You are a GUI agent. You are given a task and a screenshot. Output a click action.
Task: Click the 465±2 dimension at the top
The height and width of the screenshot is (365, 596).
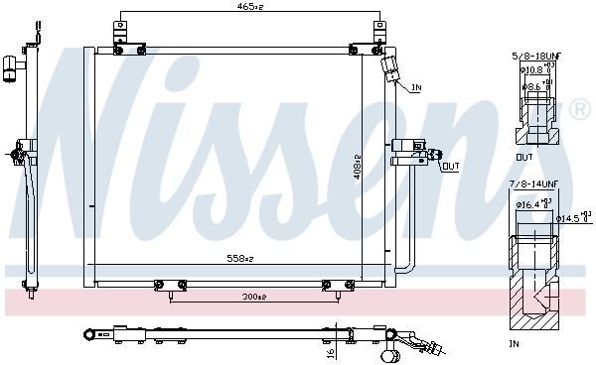pos(247,8)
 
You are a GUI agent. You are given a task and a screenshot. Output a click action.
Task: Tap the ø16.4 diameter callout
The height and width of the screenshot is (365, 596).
pos(528,204)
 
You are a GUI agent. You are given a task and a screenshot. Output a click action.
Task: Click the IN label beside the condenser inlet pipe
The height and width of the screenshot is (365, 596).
pos(416,88)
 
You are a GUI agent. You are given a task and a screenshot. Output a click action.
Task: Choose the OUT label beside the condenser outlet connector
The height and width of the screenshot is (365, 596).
pos(450,166)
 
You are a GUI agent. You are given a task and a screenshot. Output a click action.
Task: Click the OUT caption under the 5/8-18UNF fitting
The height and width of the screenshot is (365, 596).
pos(524,156)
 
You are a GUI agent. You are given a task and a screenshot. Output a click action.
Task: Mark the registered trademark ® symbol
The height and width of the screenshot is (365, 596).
pos(578,105)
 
